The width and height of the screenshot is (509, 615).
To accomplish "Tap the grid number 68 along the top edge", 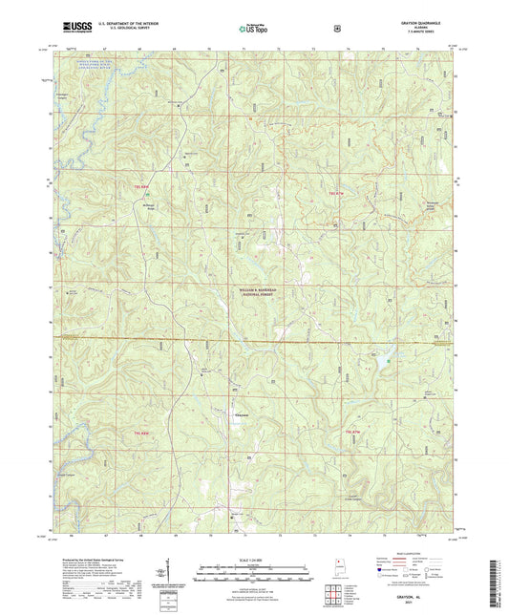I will pyautogui.click(x=140, y=47).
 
